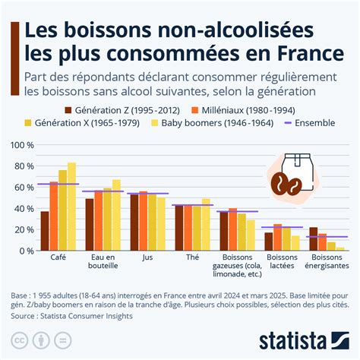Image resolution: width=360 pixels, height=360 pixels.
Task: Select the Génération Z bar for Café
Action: click(45, 231)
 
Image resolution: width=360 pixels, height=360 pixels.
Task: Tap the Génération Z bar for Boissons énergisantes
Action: click(313, 238)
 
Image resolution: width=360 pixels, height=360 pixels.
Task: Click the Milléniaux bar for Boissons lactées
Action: click(277, 237)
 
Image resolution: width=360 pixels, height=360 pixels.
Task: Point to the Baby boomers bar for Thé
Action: click(205, 224)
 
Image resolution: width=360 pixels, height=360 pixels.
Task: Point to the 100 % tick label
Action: click(20, 144)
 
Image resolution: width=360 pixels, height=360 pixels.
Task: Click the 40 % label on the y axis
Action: click(22, 208)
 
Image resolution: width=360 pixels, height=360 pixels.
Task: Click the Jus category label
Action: click(147, 257)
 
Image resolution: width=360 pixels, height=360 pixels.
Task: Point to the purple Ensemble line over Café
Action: click(58, 184)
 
